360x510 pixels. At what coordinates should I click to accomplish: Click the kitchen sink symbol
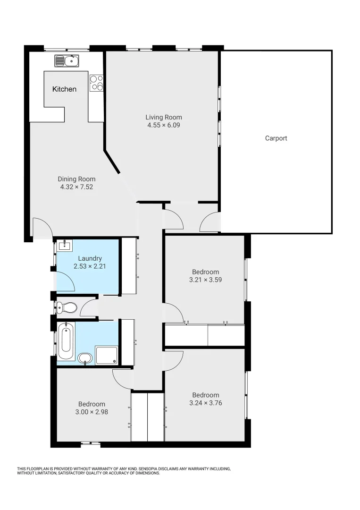pos(66,60)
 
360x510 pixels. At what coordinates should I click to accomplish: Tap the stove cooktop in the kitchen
pos(97,83)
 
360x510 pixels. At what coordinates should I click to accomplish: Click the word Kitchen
pos(64,89)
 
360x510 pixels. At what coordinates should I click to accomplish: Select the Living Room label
pos(163,117)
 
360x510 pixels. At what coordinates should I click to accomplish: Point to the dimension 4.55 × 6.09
pos(163,125)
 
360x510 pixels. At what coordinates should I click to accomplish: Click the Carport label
pos(276,138)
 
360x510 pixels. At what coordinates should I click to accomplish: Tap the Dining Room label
pos(76,179)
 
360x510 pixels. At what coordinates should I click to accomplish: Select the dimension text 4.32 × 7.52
pos(76,187)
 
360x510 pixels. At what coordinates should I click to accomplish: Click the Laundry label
pos(90,258)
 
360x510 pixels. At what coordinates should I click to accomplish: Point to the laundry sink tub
pos(64,246)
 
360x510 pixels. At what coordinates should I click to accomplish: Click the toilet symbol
pos(67,308)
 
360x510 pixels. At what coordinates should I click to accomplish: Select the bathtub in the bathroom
pos(66,343)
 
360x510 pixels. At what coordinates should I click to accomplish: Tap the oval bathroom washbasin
pos(85,358)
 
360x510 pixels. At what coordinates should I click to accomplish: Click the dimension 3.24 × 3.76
pos(205,403)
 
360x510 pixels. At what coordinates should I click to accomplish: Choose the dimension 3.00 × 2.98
pos(92,412)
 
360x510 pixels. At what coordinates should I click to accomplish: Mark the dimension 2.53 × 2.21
pos(90,266)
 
